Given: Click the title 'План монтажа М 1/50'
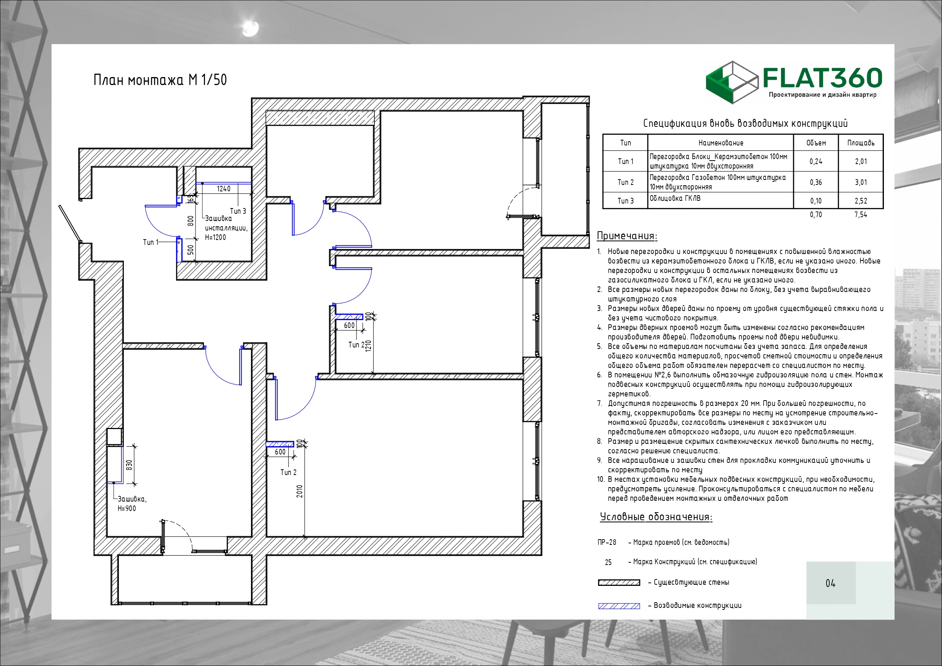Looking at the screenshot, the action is click(160, 80).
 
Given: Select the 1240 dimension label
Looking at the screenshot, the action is click(224, 189).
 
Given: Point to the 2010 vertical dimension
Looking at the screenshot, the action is click(300, 491).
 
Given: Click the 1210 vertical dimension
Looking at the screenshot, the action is click(368, 346).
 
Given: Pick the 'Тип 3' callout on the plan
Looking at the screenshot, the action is click(238, 211).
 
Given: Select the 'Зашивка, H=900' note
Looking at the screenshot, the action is click(132, 503).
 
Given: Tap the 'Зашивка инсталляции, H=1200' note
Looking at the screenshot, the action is click(226, 228).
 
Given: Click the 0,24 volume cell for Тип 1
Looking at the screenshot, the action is click(816, 161).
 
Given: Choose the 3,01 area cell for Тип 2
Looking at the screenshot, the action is click(861, 182).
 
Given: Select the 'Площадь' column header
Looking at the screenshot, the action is click(861, 143).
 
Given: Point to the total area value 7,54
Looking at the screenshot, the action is click(861, 214).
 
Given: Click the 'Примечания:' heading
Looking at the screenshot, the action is click(627, 236).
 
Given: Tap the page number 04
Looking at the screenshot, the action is click(830, 583).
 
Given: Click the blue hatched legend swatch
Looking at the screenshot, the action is click(619, 606).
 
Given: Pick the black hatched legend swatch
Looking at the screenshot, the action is click(619, 582).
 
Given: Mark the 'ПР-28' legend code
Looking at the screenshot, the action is click(607, 542).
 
